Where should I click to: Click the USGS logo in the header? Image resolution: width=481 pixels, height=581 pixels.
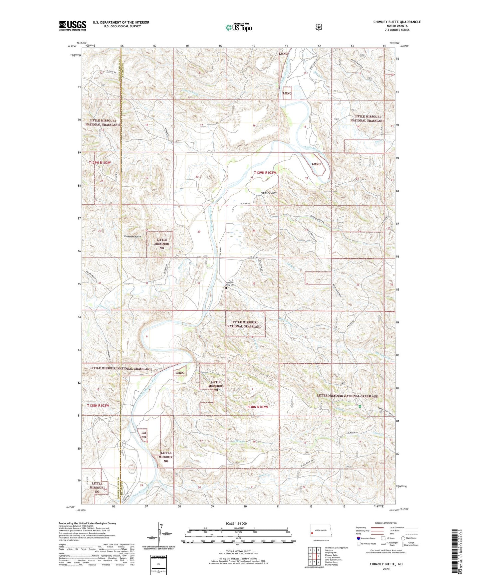click(73, 25)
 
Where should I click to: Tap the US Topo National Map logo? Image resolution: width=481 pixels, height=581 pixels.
click(238, 27)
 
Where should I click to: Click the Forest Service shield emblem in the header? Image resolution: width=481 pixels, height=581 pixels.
click(319, 27)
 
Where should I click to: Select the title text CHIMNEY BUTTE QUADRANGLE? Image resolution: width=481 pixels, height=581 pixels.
click(397, 22)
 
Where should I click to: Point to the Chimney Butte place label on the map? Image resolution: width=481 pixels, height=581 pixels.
click(132, 236)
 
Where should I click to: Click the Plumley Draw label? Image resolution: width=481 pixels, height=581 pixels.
click(268, 193)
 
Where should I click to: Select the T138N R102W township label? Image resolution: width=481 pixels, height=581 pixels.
click(257, 407)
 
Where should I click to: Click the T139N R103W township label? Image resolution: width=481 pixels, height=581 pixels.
click(100, 162)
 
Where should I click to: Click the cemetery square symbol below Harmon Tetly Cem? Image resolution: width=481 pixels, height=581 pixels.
click(226, 289)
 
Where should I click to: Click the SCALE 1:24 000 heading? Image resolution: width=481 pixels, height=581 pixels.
click(236, 523)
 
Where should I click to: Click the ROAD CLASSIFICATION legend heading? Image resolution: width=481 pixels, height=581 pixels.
click(386, 523)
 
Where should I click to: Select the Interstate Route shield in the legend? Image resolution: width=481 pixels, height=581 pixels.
click(358, 538)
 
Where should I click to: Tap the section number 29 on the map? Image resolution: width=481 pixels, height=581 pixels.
click(199, 232)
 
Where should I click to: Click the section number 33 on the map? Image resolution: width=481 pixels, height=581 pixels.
click(254, 284)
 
